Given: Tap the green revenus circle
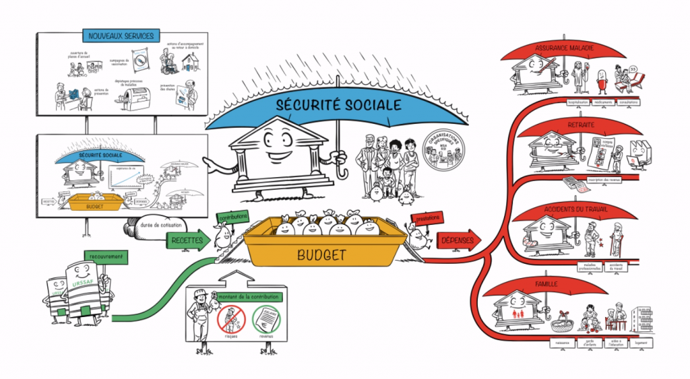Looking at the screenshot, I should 263,317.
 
